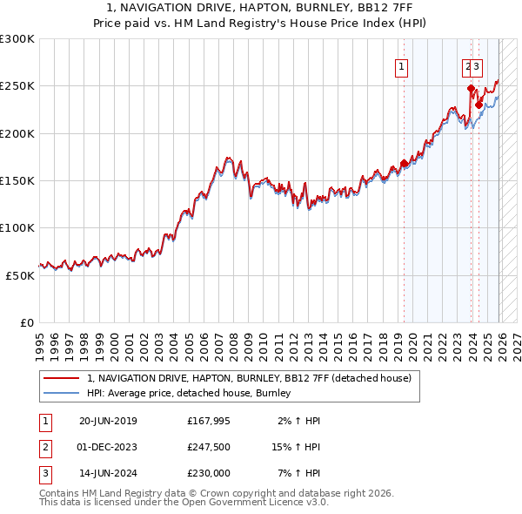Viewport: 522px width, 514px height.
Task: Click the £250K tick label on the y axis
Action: pyautogui.click(x=17, y=86)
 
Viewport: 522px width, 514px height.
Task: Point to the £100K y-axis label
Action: pyautogui.click(x=17, y=227)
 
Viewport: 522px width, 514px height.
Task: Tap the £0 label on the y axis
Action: pyautogui.click(x=28, y=322)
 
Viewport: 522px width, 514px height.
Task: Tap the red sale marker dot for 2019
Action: pyautogui.click(x=405, y=163)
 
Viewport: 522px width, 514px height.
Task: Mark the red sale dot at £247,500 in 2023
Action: pyautogui.click(x=471, y=88)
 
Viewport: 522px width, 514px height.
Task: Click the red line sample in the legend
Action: pyautogui.click(x=62, y=378)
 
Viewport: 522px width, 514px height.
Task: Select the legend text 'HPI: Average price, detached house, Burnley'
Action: pyautogui.click(x=189, y=394)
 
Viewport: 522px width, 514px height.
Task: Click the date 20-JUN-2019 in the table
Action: pyautogui.click(x=108, y=421)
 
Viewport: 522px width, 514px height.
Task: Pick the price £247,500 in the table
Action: pyautogui.click(x=209, y=447)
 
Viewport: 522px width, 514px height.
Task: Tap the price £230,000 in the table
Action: pyautogui.click(x=209, y=473)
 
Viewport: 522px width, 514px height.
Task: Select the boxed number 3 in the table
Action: pyautogui.click(x=45, y=473)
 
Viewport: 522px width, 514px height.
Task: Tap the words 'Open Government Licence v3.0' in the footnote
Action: pyautogui.click(x=254, y=503)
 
